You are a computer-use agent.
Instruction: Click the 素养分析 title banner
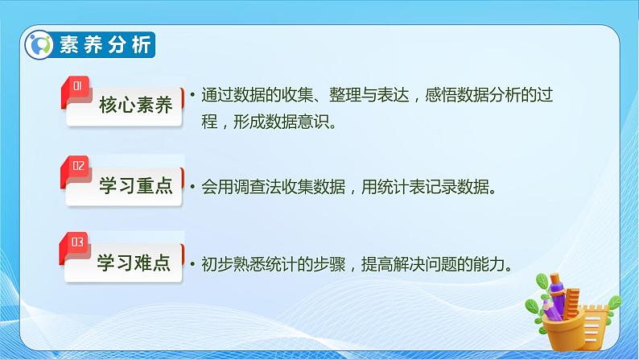[105, 45]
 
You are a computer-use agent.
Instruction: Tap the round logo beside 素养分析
[39, 45]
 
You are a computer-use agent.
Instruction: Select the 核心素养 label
[136, 106]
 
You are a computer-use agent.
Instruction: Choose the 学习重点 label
[136, 187]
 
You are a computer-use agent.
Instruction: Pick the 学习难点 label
[134, 263]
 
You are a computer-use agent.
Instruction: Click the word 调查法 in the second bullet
[261, 188]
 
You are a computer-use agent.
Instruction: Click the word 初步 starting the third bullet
[212, 265]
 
